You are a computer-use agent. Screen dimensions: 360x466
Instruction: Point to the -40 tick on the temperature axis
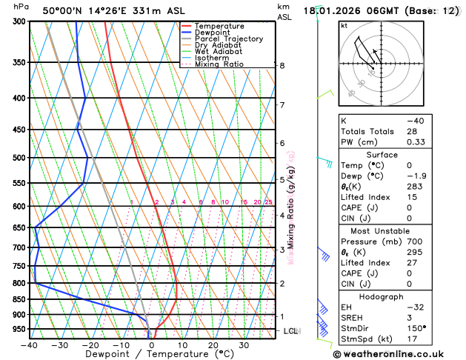pyautogui.click(x=30, y=345)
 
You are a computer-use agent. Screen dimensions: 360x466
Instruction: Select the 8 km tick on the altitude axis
pyautogui.click(x=282, y=65)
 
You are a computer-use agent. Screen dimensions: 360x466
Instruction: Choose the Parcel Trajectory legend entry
pyautogui.click(x=228, y=39)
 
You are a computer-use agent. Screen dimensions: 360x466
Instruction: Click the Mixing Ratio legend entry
pyautogui.click(x=219, y=64)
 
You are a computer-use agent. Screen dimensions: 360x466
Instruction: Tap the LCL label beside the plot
pyautogui.click(x=290, y=331)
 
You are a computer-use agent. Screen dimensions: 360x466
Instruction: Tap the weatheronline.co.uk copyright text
pyautogui.click(x=398, y=354)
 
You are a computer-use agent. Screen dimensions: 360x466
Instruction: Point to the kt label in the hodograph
pyautogui.click(x=344, y=26)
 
